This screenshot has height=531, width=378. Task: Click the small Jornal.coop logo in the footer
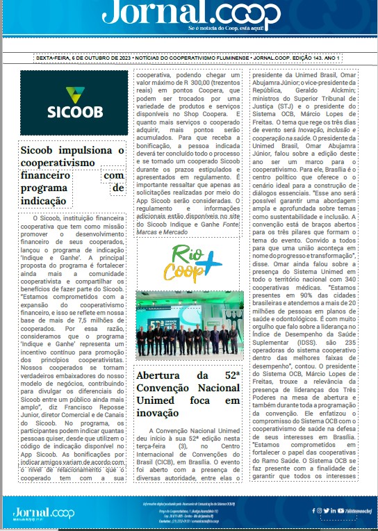click(43, 513)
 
